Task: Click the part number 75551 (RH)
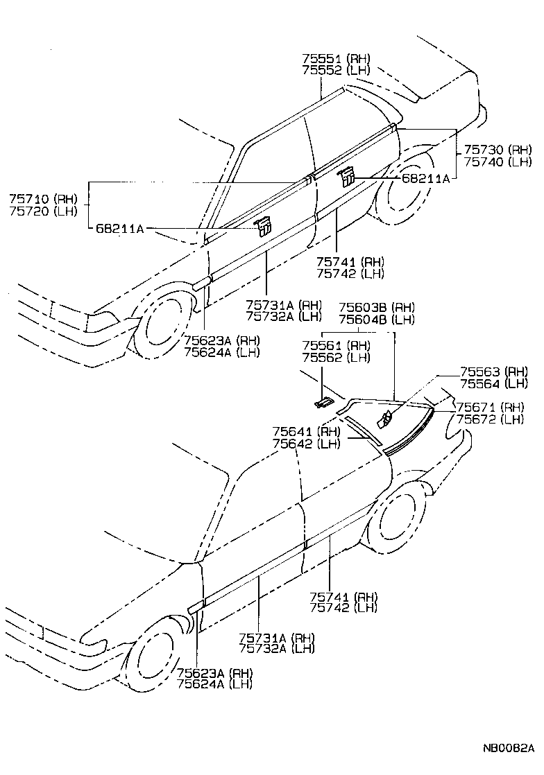point(336,58)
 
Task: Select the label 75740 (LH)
point(498,162)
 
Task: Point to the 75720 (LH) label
point(43,211)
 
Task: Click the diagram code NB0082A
point(509,749)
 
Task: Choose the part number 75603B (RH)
point(376,307)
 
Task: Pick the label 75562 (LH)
point(336,358)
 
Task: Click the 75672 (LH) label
point(493,419)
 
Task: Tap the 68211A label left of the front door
point(119,229)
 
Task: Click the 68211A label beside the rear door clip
point(425,178)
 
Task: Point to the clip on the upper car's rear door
point(346,177)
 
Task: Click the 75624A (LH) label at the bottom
point(214,684)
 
